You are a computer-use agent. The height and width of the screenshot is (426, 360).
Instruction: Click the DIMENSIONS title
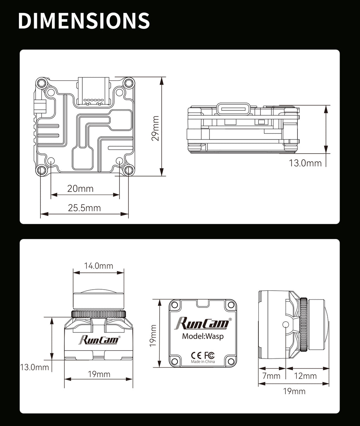pyautogui.click(x=84, y=21)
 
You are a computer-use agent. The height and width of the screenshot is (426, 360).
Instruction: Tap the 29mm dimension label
pyautogui.click(x=155, y=128)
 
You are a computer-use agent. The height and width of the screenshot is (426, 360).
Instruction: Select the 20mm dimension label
pyautogui.click(x=80, y=189)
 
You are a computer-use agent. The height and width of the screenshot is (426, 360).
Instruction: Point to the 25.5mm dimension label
pyautogui.click(x=84, y=208)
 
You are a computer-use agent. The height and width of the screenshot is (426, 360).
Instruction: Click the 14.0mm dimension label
pyautogui.click(x=98, y=266)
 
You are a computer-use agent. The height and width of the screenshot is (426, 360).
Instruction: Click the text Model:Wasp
pyautogui.click(x=203, y=336)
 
